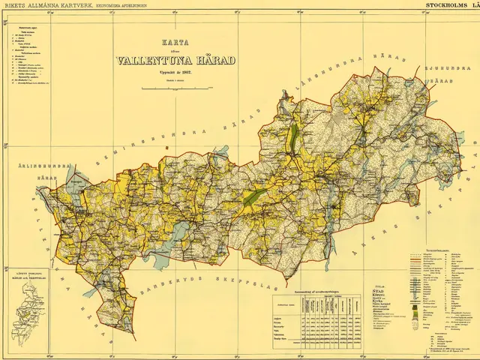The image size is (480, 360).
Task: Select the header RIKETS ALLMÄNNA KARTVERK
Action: [46, 4]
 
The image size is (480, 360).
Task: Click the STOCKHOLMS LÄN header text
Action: [451, 4]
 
